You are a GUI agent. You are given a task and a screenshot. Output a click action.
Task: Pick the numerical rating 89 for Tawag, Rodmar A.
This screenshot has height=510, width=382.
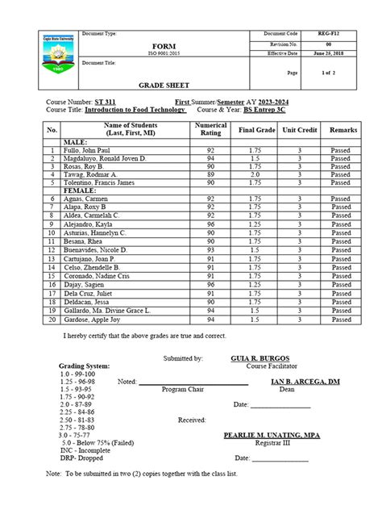pyautogui.click(x=211, y=173)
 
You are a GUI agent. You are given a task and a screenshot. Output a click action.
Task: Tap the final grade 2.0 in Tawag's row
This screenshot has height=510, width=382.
pyautogui.click(x=255, y=173)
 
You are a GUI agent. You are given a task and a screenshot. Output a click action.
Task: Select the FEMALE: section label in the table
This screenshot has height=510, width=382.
pyautogui.click(x=79, y=190)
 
